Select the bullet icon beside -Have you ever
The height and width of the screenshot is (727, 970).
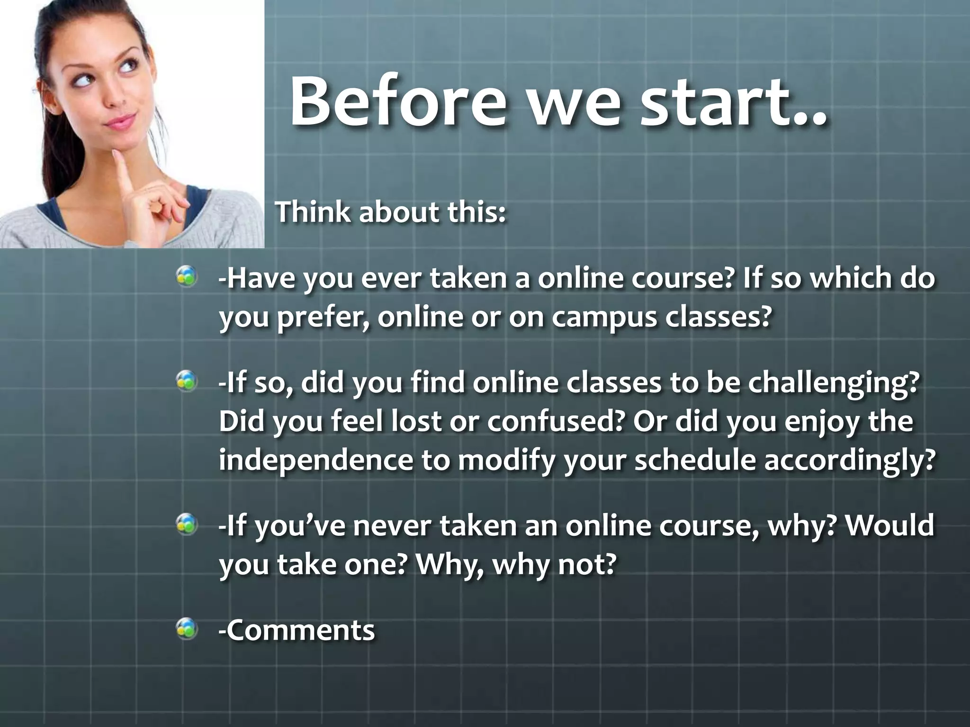(187, 276)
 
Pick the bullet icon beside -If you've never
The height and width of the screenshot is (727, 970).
(187, 524)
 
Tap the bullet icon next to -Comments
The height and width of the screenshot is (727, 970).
(187, 629)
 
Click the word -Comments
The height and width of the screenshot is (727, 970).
(296, 630)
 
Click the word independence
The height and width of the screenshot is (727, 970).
(315, 460)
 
